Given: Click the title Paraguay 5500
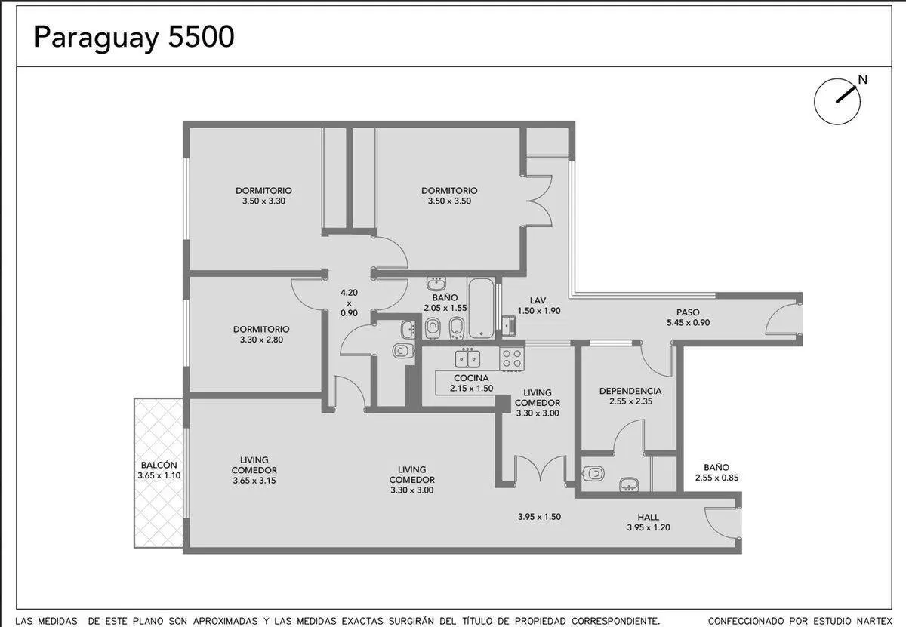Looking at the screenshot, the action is (134, 38).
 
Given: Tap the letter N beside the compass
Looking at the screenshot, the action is (863, 80).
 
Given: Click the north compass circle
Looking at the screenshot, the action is (837, 101).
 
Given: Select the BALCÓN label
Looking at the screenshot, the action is (159, 466).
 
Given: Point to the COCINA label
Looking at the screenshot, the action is (471, 378).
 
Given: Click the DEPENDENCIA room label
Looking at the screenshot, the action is (630, 391).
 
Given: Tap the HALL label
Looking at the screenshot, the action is (649, 517).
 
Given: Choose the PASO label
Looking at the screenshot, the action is (688, 312).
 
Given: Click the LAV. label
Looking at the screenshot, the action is (539, 300).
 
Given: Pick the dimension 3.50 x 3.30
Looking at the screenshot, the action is (263, 201).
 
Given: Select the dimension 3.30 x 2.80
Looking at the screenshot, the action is (261, 340).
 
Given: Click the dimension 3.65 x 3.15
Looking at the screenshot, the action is (254, 481).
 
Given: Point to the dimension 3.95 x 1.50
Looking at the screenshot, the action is (539, 517).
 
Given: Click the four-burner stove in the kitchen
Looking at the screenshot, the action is (512, 358).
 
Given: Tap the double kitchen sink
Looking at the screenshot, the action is (467, 358).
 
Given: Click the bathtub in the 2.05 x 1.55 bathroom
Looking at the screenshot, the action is (482, 308).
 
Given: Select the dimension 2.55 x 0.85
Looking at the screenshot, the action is (716, 478).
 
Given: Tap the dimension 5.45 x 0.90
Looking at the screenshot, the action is (688, 323).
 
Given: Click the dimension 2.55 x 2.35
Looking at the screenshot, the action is (630, 401).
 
